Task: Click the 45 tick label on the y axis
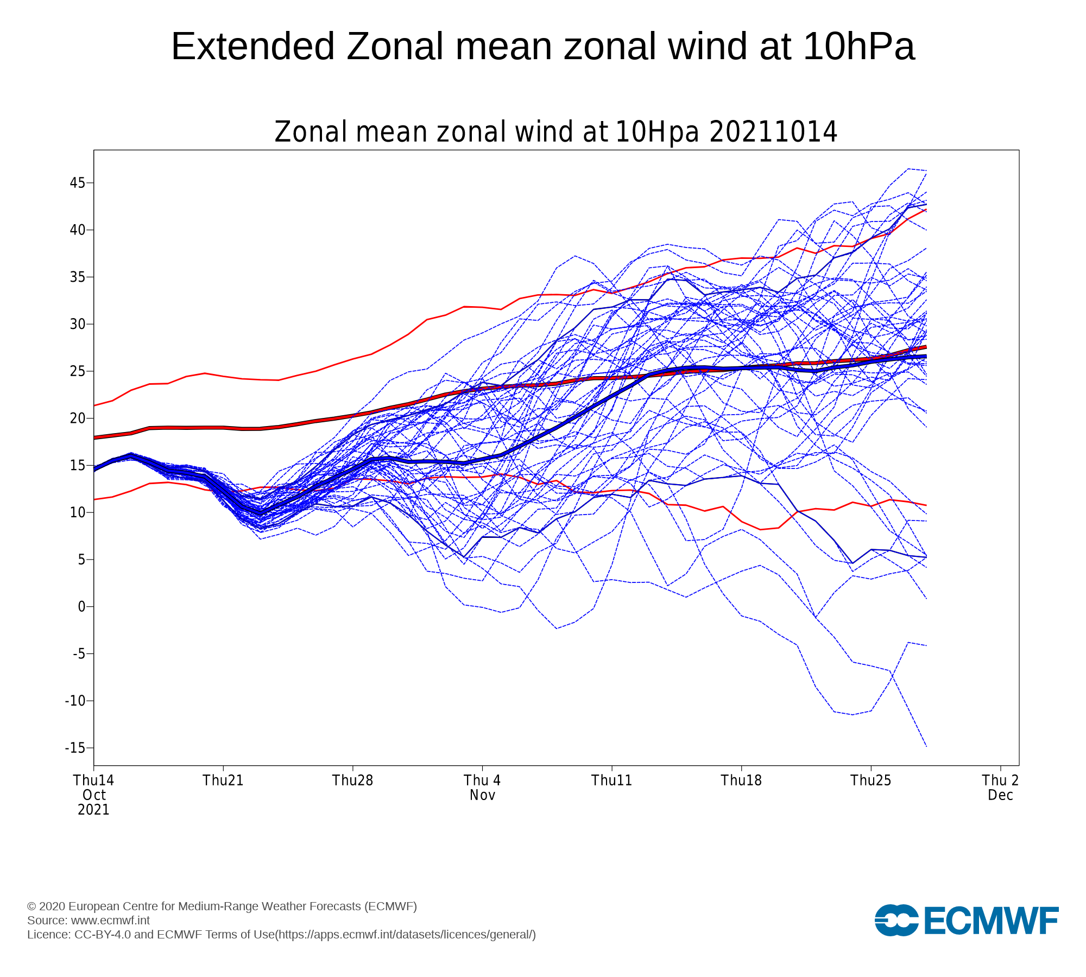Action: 78,183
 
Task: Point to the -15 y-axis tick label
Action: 75,748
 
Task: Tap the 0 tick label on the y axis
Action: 82,607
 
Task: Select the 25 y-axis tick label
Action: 78,371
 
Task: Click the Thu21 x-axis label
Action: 223,781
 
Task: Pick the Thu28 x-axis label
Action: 353,781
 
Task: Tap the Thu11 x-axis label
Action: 612,781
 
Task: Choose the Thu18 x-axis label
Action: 741,781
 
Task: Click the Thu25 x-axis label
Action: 871,781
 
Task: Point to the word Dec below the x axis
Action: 1001,795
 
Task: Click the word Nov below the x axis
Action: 483,795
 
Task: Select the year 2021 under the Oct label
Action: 93,810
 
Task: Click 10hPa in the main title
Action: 858,46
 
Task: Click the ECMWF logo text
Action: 991,921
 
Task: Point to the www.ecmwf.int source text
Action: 110,921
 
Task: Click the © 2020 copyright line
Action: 222,906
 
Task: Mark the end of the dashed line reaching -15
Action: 926,747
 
